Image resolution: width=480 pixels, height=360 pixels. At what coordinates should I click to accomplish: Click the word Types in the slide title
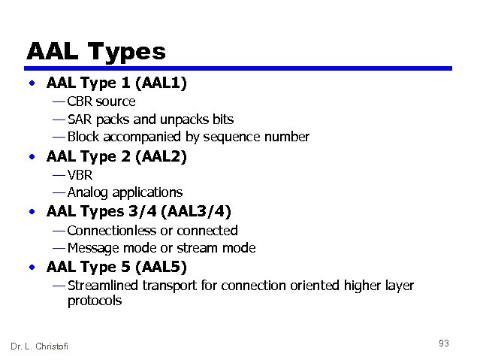[126, 52]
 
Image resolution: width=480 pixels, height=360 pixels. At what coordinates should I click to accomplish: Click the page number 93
[444, 343]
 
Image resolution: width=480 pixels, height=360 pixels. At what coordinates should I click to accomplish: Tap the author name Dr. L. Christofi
[39, 346]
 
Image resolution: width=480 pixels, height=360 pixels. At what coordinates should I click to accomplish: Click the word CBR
[80, 101]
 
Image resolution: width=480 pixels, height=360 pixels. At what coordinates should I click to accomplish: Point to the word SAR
[79, 119]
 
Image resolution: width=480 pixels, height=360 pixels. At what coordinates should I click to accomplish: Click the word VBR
[80, 175]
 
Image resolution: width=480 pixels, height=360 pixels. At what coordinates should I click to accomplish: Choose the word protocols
[95, 301]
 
